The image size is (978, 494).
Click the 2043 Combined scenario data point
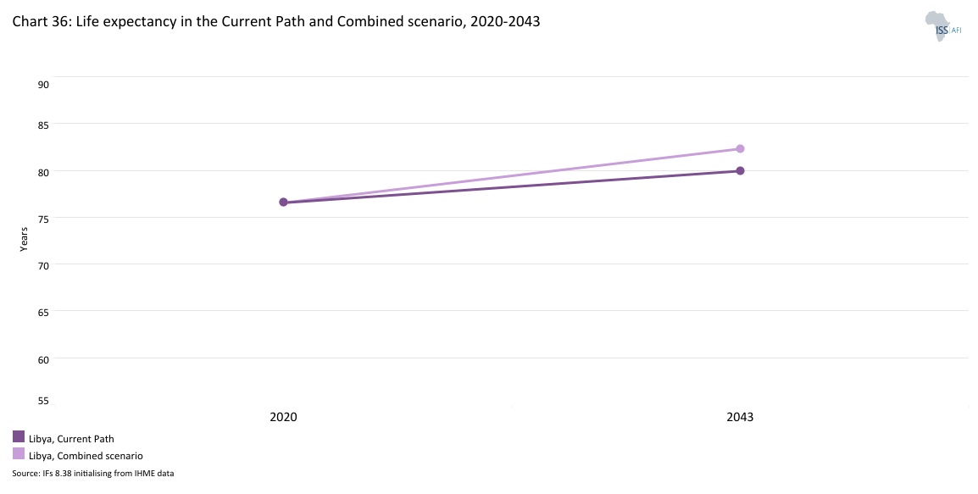pyautogui.click(x=740, y=148)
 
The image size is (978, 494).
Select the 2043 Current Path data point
pyautogui.click(x=740, y=170)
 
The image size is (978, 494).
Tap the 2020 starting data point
pyautogui.click(x=283, y=202)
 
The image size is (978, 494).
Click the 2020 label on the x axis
pyautogui.click(x=283, y=417)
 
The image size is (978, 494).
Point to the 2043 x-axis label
pyautogui.click(x=740, y=417)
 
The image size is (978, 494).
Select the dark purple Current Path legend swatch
pyautogui.click(x=19, y=437)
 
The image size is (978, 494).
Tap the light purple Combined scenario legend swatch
pyautogui.click(x=19, y=453)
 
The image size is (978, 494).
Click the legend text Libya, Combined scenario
pyautogui.click(x=86, y=456)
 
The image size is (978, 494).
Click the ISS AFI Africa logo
pyautogui.click(x=942, y=26)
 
